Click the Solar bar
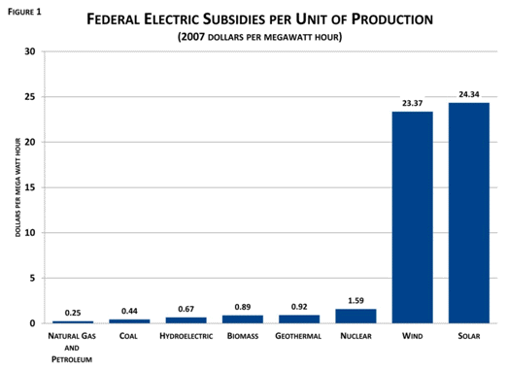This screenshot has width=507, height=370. coord(468,213)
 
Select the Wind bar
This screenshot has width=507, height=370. coord(412,217)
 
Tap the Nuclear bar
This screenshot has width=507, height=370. coord(355,316)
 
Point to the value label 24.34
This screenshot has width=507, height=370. coord(468,95)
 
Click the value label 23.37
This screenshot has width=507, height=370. coord(412,104)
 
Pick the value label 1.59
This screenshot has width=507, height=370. coord(355,301)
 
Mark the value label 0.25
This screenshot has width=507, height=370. coord(73,313)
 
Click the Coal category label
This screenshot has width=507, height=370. coord(129,337)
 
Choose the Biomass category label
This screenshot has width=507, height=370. coord(242,337)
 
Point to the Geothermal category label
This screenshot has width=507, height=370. coord(298,337)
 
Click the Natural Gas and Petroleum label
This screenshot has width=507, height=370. coord(73,347)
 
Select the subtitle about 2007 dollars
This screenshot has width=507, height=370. coord(260,37)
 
